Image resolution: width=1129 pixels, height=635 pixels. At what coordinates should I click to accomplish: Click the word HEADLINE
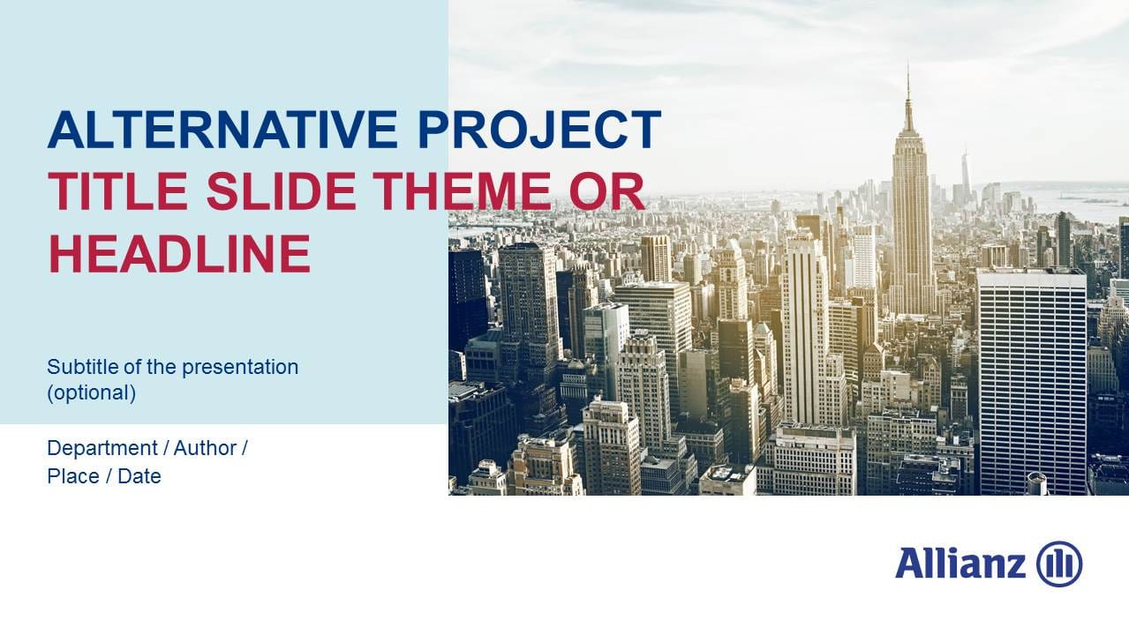pos(179,253)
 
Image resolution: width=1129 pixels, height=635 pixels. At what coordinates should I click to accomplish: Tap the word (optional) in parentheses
pos(91,393)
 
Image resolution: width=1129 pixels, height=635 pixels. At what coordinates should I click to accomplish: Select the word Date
pos(139,477)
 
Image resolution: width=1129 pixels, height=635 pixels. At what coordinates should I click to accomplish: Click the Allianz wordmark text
pos(960,564)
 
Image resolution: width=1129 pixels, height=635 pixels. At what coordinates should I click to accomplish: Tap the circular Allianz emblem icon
pos(1059,564)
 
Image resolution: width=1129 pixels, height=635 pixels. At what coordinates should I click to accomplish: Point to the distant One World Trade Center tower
pos(965,172)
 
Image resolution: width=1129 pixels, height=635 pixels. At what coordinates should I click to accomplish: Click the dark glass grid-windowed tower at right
pos(1031,379)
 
